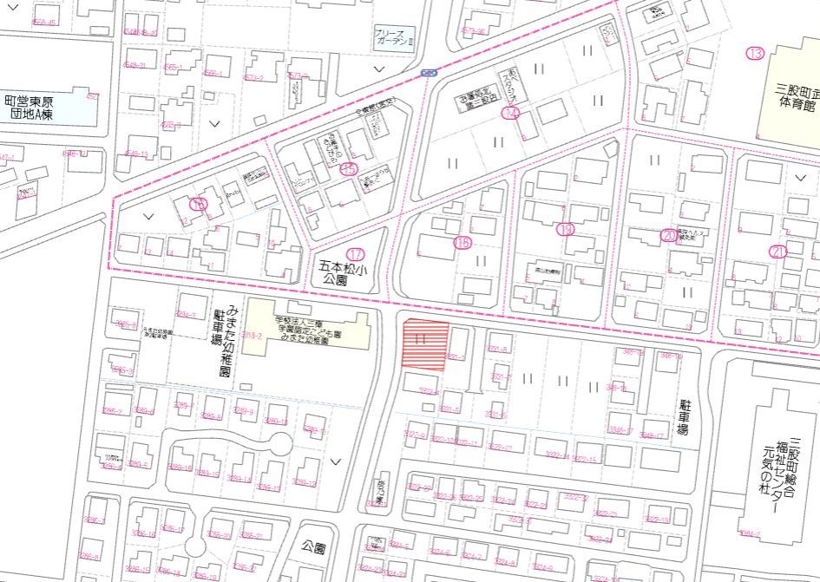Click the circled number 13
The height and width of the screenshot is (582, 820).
[x=755, y=54]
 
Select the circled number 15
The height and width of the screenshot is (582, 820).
[x=349, y=168]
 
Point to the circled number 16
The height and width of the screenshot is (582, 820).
[x=199, y=204]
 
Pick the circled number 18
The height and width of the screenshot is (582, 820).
[x=462, y=244]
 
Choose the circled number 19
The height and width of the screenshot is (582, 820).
[x=566, y=230]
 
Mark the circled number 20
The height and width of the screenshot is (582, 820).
[x=668, y=235]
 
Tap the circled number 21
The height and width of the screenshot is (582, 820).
[x=777, y=252]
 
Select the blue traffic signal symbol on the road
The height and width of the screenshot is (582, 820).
[x=428, y=73]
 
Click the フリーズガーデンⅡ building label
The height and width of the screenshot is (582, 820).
[x=396, y=37]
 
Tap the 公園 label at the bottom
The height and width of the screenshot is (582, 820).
[x=314, y=548]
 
